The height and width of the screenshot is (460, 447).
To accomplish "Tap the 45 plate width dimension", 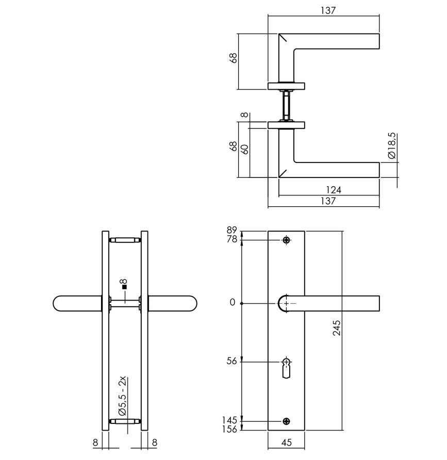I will (x=286, y=441).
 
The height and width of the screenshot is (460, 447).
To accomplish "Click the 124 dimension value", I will (x=334, y=190).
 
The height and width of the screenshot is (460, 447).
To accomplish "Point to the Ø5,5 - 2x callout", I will (x=123, y=396).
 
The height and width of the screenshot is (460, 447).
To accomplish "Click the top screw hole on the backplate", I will (x=286, y=240).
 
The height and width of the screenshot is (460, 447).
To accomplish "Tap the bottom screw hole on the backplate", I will (x=286, y=421).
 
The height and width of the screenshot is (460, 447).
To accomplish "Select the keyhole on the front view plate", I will (x=286, y=367).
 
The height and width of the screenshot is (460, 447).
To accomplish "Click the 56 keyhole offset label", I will (x=231, y=362).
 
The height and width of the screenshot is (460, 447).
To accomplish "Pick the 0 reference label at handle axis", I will (x=233, y=303).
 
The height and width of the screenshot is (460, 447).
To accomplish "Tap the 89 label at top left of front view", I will (x=231, y=230).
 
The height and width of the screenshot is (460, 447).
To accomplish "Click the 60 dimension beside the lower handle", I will (x=246, y=150).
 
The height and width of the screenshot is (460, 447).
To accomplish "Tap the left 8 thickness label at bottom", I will (x=95, y=441).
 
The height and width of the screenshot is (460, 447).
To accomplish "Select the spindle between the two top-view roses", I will (x=286, y=105).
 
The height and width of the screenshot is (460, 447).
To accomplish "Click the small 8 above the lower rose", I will (x=245, y=116).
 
